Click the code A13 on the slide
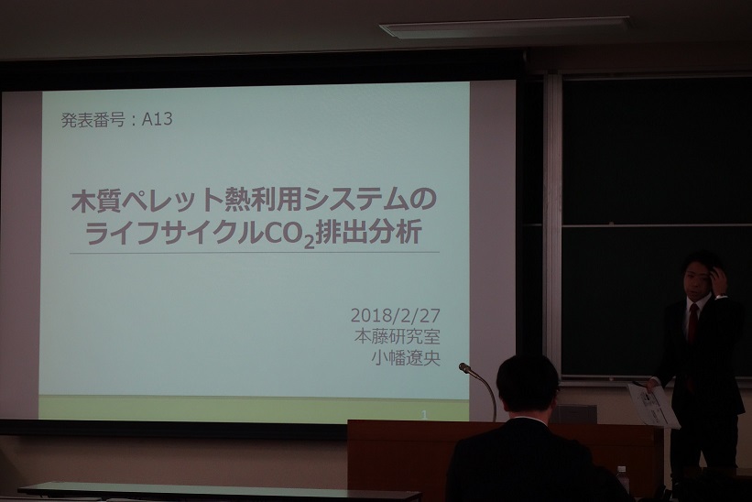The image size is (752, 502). coord(157,119)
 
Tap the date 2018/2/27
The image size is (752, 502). coord(395,315)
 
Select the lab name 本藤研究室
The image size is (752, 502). coord(398,336)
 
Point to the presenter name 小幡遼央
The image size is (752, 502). coord(406,358)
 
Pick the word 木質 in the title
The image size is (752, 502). coord(96,201)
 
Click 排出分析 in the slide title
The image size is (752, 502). coord(369,233)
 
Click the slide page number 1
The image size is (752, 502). coord(424,415)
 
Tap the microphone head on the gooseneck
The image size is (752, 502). coord(464,368)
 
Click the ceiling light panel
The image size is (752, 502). coord(505,27)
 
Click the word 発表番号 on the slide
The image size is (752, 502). coord(93,120)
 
